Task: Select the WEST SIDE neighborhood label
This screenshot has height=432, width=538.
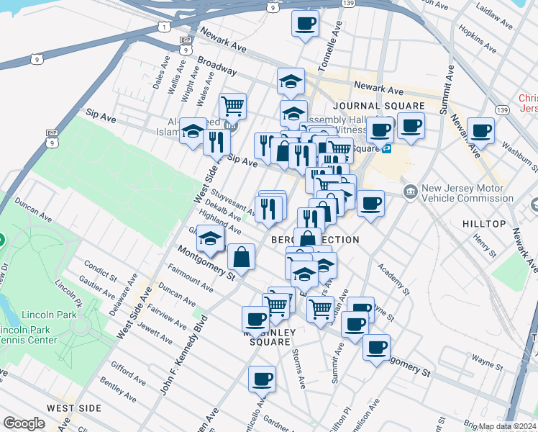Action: [x=75, y=408]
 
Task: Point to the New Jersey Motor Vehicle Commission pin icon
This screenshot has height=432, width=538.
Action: [x=410, y=191]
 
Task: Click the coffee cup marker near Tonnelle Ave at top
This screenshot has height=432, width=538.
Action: [x=305, y=24]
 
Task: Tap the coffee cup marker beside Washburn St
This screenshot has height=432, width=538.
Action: [x=480, y=131]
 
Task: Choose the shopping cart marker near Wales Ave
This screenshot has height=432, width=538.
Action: [x=232, y=107]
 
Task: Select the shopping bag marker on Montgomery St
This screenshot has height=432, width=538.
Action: [x=241, y=257]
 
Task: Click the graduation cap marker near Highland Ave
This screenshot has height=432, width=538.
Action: [x=209, y=240]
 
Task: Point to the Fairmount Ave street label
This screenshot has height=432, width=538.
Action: [x=190, y=281]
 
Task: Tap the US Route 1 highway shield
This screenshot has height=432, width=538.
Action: [x=165, y=27]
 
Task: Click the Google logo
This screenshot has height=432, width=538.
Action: [x=24, y=423]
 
